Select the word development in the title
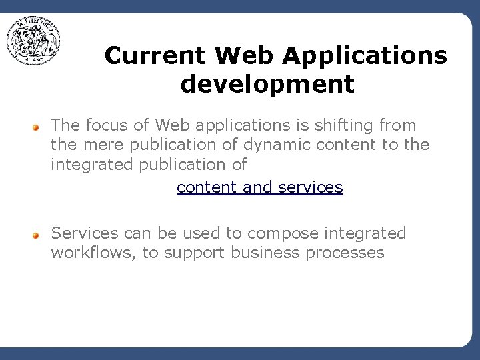(267, 85)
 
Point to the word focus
(108, 125)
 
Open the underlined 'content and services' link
(259, 187)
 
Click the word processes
(345, 253)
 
